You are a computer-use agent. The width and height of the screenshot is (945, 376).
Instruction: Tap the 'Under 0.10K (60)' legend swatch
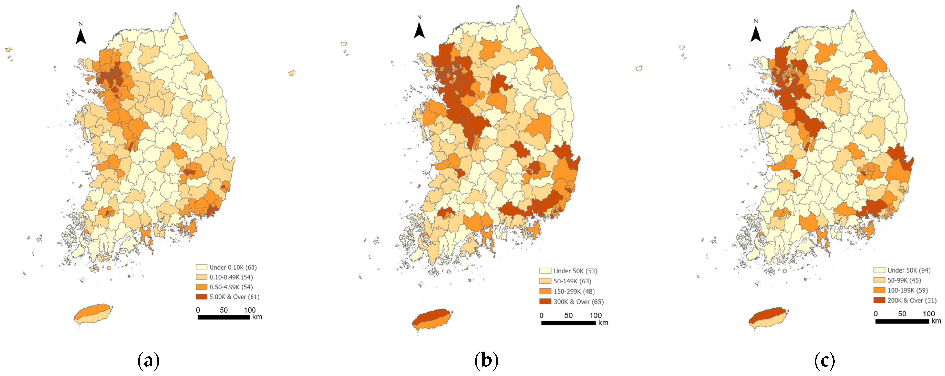pos(201,268)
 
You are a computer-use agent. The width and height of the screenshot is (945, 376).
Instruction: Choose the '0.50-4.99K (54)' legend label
pos(231,287)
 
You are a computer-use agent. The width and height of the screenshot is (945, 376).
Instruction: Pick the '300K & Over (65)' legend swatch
pos(545,302)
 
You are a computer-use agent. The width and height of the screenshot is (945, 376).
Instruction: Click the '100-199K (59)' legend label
pos(908,290)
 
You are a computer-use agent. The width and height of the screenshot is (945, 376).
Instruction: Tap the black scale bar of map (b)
pos(568,323)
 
